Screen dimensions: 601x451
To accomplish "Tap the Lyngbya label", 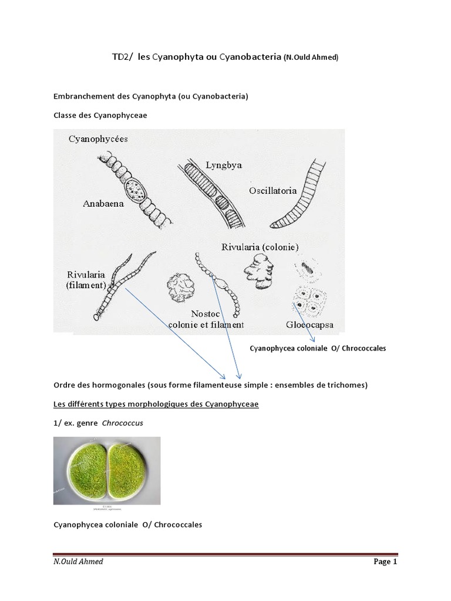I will pos(224,165).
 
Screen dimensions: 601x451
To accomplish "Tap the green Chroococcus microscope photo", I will pos(106,471).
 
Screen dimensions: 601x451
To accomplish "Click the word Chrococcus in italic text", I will pos(123,423).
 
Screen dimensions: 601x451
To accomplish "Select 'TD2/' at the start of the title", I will pos(122,57).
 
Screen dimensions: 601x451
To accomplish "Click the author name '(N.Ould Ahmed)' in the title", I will pos(311,58).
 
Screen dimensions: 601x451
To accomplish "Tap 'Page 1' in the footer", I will pos(385,562).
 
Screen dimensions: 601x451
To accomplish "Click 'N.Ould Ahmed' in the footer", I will pos(78,562).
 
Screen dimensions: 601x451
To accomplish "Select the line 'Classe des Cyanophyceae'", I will pos(100,116).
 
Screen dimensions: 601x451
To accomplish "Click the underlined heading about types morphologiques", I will pos(156,404).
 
